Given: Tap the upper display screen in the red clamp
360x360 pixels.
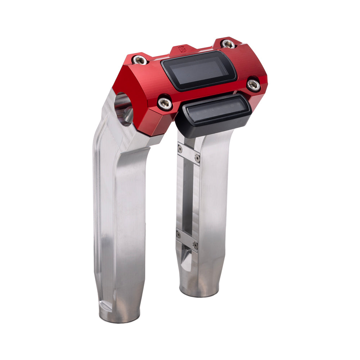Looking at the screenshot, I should point(199,70).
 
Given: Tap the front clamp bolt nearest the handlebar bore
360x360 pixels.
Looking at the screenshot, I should point(165,104).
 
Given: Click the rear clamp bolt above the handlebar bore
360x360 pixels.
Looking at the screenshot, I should point(139,60).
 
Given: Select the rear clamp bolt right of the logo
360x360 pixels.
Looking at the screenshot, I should point(228,44).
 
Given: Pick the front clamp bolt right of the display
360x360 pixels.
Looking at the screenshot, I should point(253,85).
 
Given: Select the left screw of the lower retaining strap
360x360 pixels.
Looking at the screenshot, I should point(179,235).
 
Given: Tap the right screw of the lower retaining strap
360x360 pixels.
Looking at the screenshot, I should point(195,245).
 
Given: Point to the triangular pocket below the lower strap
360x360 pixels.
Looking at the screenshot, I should point(186,259).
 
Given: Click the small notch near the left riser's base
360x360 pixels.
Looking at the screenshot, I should point(105,306).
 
